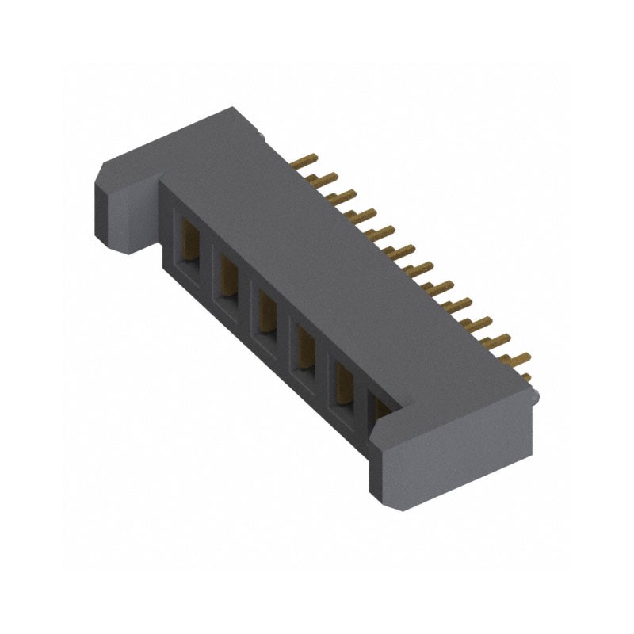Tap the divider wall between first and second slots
(x=208, y=262)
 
